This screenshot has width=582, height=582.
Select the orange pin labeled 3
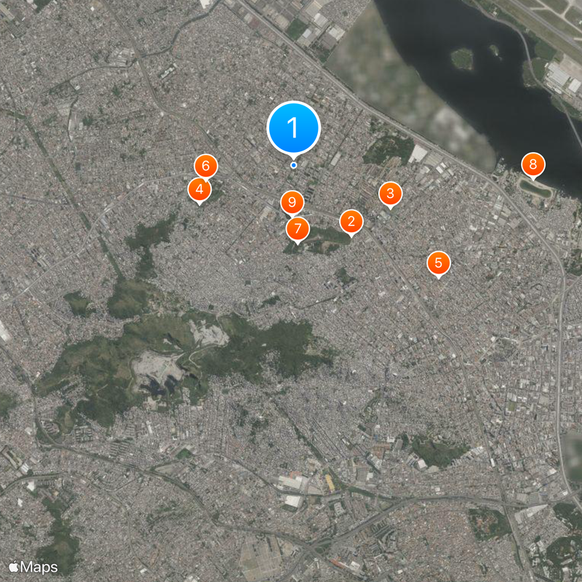pyautogui.click(x=390, y=194)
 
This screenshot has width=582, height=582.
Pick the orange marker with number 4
pyautogui.click(x=199, y=190)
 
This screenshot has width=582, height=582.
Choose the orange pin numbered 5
pyautogui.click(x=438, y=263)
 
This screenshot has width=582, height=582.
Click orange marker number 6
pyautogui.click(x=205, y=167)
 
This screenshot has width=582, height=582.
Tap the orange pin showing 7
pyautogui.click(x=297, y=229)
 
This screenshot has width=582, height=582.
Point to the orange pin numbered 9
pyautogui.click(x=292, y=202)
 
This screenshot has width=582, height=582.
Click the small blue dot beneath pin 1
pyautogui.click(x=293, y=165)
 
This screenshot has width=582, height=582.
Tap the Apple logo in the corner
pyautogui.click(x=14, y=566)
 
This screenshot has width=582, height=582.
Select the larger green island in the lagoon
pyautogui.click(x=462, y=58)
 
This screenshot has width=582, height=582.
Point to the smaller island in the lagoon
pyautogui.click(x=495, y=51)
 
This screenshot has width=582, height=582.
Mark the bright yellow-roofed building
pyautogui.click(x=330, y=482)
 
